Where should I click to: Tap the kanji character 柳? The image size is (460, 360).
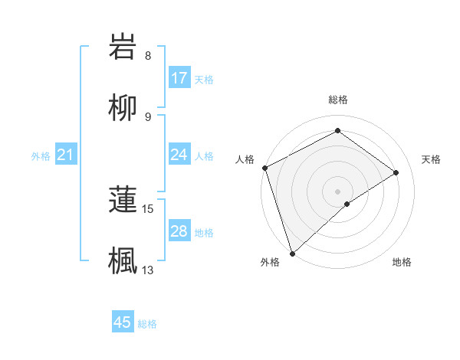tap(123, 109)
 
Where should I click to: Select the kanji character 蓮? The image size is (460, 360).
tap(123, 199)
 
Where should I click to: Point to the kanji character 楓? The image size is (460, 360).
tap(123, 259)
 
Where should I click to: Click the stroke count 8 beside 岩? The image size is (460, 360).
tap(148, 56)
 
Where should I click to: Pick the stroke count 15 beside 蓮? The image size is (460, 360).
tap(149, 208)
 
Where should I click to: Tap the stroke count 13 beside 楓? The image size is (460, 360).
tap(148, 270)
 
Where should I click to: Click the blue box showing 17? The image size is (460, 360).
tap(179, 78)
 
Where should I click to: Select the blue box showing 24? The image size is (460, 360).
tap(179, 155)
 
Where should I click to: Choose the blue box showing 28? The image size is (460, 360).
tap(179, 231)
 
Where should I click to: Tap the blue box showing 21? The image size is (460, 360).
tap(66, 155)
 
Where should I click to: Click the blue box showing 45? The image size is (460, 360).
tap(123, 322)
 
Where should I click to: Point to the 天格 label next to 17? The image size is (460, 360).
tap(204, 79)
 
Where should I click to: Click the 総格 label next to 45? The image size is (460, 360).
tap(147, 324)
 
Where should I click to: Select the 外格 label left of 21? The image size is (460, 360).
tap(41, 156)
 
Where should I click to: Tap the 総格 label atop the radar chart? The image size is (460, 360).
tap(337, 100)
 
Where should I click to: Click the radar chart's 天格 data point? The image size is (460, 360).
tap(396, 172)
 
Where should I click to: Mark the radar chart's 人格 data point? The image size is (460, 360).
tap(264, 168)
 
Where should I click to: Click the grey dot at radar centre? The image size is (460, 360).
tap(337, 191)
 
